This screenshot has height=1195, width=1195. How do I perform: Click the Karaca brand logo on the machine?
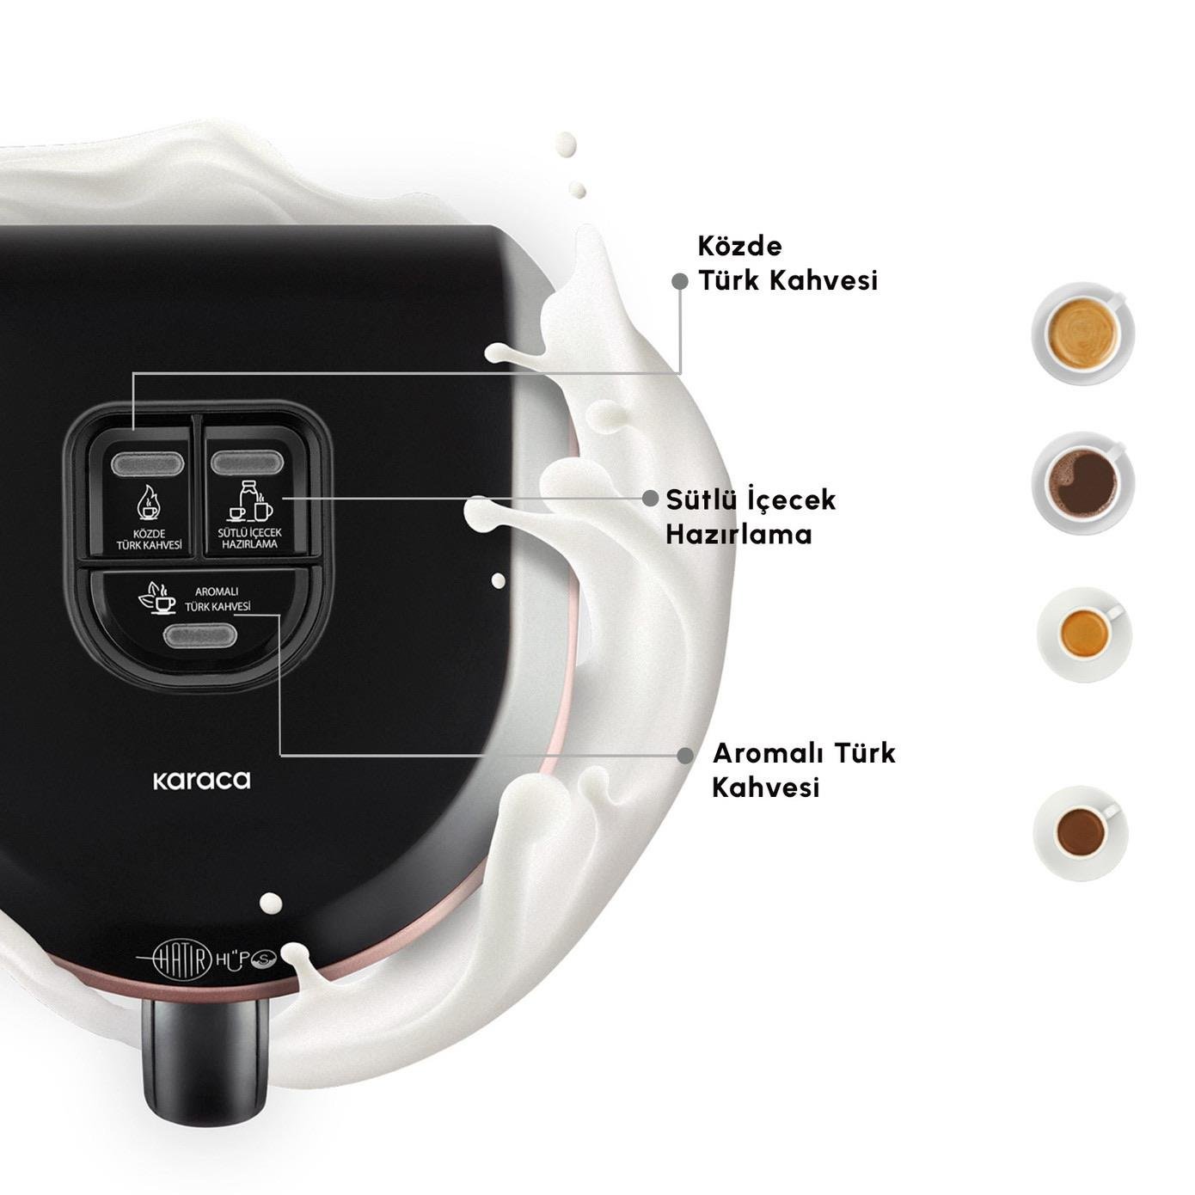pos(201,779)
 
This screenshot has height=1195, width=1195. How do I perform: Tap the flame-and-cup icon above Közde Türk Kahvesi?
pos(148,503)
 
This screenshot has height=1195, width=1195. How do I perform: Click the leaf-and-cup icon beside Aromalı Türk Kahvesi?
pos(156,597)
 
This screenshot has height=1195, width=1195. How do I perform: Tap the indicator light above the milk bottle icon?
pos(248,463)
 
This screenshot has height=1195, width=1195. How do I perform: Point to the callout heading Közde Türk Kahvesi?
pos(787,263)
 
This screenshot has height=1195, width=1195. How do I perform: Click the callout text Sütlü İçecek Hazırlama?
pos(751,517)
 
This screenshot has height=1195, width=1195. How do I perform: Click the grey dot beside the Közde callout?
pos(680,281)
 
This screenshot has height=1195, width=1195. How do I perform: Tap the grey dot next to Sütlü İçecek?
pos(650,499)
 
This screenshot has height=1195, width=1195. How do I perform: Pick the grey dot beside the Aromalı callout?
pos(685,756)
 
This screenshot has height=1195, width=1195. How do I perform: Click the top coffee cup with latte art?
pos(1083,334)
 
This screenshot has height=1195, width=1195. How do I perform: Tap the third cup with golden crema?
pos(1083,634)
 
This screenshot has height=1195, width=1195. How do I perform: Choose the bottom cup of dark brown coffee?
pos(1081,832)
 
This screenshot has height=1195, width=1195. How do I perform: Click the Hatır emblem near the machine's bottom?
pos(175,959)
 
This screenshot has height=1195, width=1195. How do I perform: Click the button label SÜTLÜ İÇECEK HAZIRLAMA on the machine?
pos(250,538)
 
